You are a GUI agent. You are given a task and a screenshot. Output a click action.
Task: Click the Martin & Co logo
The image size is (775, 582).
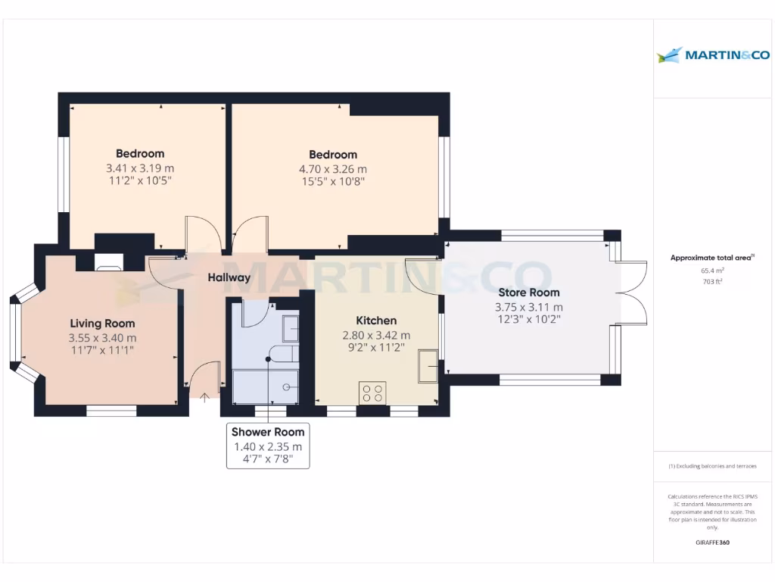point(713,55)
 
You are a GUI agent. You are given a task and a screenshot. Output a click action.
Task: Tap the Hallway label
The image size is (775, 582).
point(229,277)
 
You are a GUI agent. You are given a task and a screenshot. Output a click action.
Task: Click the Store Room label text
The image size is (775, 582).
point(528,293)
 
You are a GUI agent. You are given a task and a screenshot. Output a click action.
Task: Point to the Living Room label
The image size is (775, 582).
point(103,324)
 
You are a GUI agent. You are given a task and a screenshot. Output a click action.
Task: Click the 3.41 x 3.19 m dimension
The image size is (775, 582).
point(140,168)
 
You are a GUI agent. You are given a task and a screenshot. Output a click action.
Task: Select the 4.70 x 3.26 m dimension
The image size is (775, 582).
point(333,169)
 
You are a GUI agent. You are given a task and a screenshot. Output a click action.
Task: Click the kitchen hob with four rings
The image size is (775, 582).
point(372,393)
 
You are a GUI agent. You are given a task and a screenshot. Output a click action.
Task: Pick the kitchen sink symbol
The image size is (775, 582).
point(428,367)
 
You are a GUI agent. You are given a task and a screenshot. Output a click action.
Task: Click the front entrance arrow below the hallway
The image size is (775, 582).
point(205,394)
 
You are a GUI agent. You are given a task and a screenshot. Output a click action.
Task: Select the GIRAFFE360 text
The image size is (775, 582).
point(713,543)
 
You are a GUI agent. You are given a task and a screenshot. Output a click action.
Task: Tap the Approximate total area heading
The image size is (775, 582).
point(713,258)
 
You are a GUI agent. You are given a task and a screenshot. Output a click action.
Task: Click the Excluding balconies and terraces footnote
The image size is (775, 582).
point(713,466)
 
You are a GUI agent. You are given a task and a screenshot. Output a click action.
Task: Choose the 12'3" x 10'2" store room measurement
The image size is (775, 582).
point(528,320)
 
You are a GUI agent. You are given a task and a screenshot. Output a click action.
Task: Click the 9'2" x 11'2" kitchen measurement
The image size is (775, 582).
point(376,348)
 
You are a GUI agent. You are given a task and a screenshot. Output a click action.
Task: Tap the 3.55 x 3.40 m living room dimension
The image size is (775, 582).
point(103,338)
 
